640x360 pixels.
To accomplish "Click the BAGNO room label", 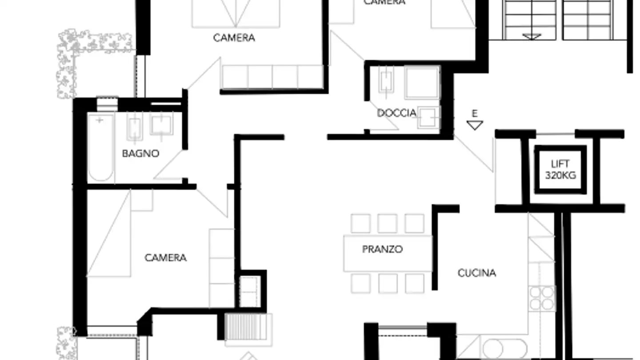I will (140, 153).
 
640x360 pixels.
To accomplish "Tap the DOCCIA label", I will (396, 113).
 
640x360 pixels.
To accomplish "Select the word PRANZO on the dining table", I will (382, 249).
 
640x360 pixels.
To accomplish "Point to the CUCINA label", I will (476, 273).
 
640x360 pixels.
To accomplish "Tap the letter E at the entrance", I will (475, 114).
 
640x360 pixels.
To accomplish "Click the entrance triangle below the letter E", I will (475, 125).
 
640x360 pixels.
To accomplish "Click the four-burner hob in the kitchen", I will (542, 297).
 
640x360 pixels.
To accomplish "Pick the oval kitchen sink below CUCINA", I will (504, 349).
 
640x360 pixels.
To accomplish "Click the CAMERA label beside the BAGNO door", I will (165, 258).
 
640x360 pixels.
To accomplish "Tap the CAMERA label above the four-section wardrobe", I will (234, 38).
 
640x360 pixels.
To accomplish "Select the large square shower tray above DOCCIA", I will (421, 82).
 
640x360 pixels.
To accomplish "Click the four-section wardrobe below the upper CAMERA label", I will (272, 77).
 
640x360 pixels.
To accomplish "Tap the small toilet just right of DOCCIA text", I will (428, 117).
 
